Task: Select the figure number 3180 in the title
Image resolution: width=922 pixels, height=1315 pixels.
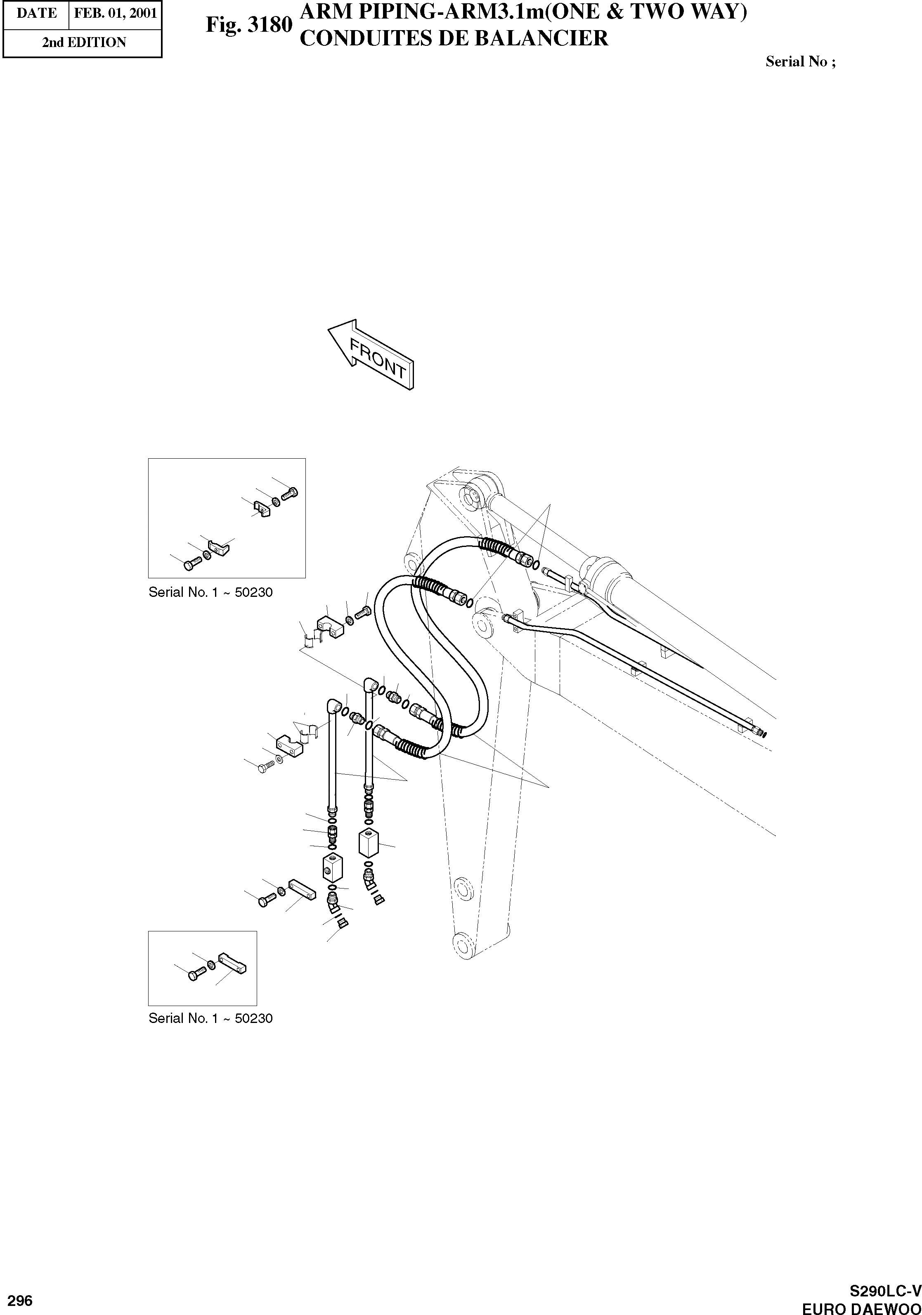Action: (x=249, y=26)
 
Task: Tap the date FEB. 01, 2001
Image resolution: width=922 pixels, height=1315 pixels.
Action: (x=115, y=14)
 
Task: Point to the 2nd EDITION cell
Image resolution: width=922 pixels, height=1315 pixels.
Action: (x=84, y=42)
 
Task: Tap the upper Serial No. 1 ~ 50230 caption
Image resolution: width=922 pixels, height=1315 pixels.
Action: (x=210, y=592)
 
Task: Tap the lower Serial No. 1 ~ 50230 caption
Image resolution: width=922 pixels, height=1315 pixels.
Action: (x=210, y=1018)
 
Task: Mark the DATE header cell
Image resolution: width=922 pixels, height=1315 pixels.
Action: (x=36, y=14)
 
